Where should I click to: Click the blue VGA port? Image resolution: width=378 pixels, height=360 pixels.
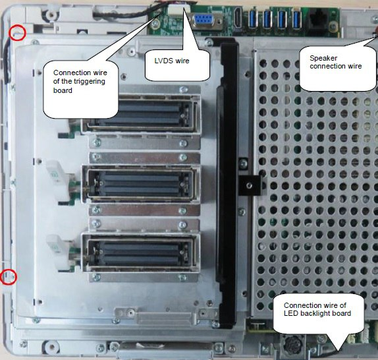tap(204, 21)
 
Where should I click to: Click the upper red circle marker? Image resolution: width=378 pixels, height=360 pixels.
tap(17, 33)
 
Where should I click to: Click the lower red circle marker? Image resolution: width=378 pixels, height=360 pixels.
tap(8, 277)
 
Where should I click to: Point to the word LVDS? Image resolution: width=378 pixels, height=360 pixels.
tap(164, 61)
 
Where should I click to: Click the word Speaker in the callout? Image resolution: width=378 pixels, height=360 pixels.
tap(323, 58)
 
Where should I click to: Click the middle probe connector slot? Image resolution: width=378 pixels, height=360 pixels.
tap(141, 184)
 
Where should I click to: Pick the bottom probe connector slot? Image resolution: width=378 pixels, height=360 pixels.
tap(141, 252)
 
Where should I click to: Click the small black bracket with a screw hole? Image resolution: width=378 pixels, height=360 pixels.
tap(250, 185)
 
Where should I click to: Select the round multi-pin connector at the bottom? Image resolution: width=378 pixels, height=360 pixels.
tap(292, 345)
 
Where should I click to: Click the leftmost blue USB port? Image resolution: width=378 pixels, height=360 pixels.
tap(253, 18)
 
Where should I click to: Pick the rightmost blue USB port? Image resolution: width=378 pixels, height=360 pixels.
tap(296, 18)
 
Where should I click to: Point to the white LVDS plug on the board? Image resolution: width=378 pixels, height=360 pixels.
tap(179, 10)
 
